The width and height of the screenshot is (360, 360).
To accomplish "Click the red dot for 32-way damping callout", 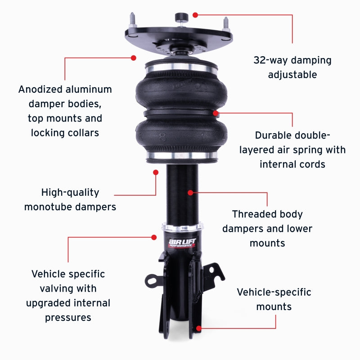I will coord(195,15).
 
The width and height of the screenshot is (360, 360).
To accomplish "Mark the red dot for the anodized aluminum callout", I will coord(133,58).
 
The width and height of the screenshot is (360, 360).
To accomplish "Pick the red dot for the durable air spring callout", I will coord(216,112).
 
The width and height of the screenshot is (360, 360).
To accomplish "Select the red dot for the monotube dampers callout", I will coord(156,172).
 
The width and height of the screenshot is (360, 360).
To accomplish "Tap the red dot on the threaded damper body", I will coord(190,193).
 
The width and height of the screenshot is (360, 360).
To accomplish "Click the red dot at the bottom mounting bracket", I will coord(198,328).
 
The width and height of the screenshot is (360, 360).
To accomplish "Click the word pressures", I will coord(68,317).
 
